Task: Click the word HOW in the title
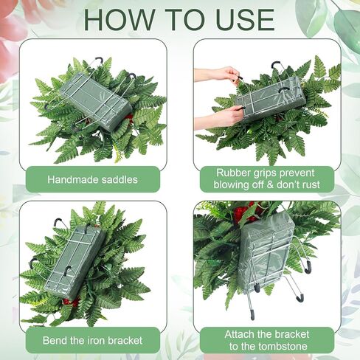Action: coord(120,19)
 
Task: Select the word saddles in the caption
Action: coord(120,179)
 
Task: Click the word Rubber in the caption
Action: coord(231,173)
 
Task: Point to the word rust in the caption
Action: coord(311,184)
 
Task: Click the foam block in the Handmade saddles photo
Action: coord(96,101)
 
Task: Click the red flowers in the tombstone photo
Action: coord(246,212)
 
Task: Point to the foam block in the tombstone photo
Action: coord(266,253)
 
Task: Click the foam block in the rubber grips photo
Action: coord(271,99)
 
